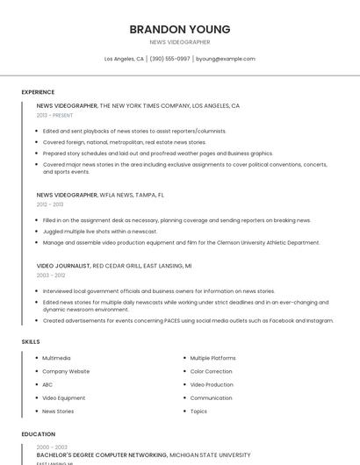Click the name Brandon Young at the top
180,29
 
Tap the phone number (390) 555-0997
169,59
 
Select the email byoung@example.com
226,59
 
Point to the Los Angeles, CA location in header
124,59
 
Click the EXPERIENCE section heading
38,91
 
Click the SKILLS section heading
30,341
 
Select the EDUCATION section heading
38,433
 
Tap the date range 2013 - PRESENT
54,115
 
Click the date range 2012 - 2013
50,204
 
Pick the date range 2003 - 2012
50,275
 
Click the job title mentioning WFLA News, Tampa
100,195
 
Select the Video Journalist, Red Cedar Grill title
114,265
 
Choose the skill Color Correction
212,371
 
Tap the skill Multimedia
56,358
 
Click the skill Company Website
66,371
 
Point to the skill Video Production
212,384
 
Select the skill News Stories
58,411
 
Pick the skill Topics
198,411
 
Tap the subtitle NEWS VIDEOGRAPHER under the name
180,41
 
